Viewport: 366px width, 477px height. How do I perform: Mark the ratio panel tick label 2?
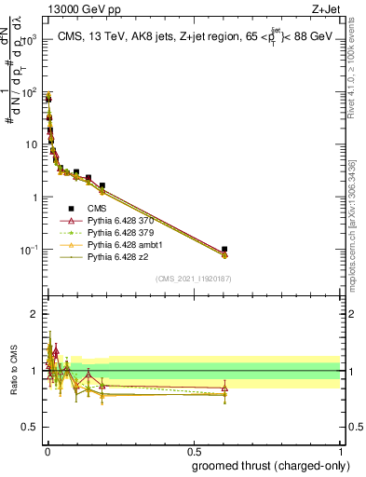pos(35,314)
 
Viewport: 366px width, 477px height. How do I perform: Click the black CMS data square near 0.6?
pos(224,250)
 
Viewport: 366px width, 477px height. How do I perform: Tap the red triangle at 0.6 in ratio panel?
pos(224,388)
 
